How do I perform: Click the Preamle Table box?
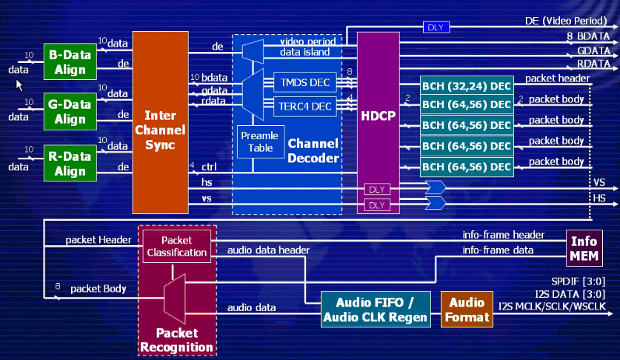(x=259, y=141)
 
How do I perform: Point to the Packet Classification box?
(x=176, y=247)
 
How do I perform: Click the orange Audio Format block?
(x=466, y=310)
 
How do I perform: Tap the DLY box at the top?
(x=434, y=27)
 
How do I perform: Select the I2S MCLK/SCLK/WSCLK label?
(x=557, y=306)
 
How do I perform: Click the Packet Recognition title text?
(x=176, y=339)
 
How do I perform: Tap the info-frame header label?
(x=503, y=236)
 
